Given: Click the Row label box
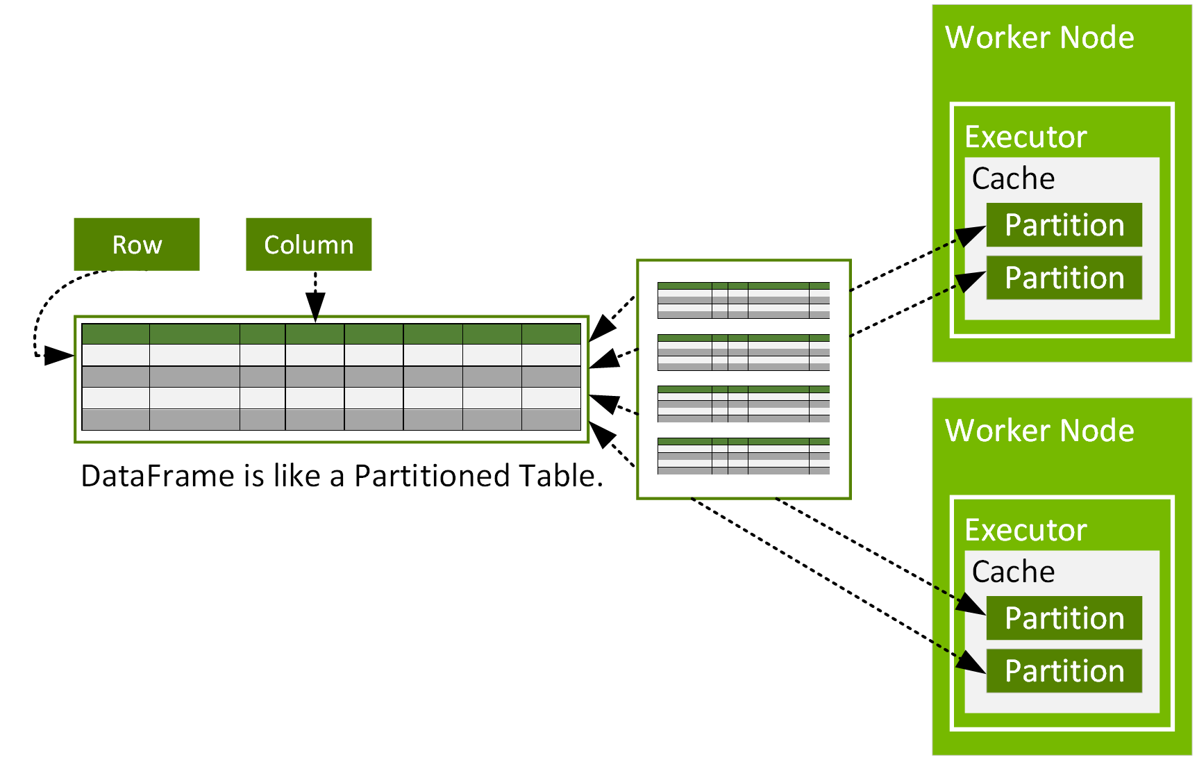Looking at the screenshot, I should tap(137, 245).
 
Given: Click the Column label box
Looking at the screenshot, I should tap(308, 245).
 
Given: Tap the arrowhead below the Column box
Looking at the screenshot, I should tap(315, 307).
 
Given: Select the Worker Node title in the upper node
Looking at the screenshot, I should tap(1039, 38).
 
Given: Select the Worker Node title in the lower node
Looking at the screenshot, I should tap(1039, 431).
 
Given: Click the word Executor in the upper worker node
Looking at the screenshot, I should tap(1026, 137).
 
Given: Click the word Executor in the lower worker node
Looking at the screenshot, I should tap(1026, 530).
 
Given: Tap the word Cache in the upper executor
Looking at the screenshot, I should tap(1013, 179).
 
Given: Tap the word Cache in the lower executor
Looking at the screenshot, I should tap(1013, 572).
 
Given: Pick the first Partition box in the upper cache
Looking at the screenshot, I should tap(1064, 225).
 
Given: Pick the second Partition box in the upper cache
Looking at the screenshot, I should tap(1064, 278).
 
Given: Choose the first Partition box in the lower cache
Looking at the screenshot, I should tap(1064, 618).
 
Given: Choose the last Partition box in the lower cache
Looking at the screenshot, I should tap(1064, 671).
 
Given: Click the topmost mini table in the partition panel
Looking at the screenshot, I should tap(743, 300).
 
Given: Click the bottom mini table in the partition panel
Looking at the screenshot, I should tap(743, 456).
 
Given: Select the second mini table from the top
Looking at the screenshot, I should tap(743, 352).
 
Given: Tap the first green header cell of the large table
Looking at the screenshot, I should tap(115, 334).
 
